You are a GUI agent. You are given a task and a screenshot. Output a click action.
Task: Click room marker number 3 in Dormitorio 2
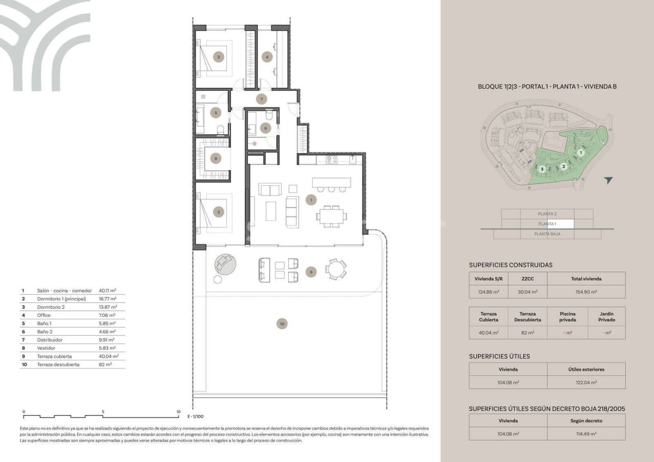(x=219, y=57)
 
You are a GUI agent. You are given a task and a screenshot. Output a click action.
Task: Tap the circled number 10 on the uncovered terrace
(x=281, y=323)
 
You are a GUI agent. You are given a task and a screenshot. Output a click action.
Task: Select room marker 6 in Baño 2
(x=265, y=128)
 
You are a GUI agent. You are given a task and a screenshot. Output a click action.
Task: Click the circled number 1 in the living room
(x=311, y=200)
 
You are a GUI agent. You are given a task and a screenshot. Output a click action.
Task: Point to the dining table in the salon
(x=331, y=215)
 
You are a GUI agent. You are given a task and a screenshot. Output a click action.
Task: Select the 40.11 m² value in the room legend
(x=107, y=290)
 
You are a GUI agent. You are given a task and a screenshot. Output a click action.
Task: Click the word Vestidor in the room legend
(x=46, y=348)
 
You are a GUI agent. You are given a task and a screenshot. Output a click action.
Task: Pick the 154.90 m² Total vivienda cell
(x=586, y=292)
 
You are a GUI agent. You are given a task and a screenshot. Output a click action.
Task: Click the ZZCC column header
(x=527, y=279)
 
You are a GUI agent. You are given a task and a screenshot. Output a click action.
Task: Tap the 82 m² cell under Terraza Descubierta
(x=527, y=333)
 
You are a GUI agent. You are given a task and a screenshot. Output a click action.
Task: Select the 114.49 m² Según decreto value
(x=586, y=433)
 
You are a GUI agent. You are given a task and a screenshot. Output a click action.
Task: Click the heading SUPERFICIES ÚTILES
(x=499, y=356)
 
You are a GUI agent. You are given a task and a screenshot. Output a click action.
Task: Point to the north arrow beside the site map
(x=608, y=180)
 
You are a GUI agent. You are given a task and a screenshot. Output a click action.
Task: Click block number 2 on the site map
(x=564, y=166)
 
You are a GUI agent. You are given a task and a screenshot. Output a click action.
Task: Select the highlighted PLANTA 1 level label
(x=547, y=224)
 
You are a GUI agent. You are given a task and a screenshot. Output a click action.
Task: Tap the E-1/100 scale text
(x=195, y=417)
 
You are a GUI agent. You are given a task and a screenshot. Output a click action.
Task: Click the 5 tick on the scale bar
(x=103, y=411)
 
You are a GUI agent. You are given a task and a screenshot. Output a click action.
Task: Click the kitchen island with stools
(x=332, y=182)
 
